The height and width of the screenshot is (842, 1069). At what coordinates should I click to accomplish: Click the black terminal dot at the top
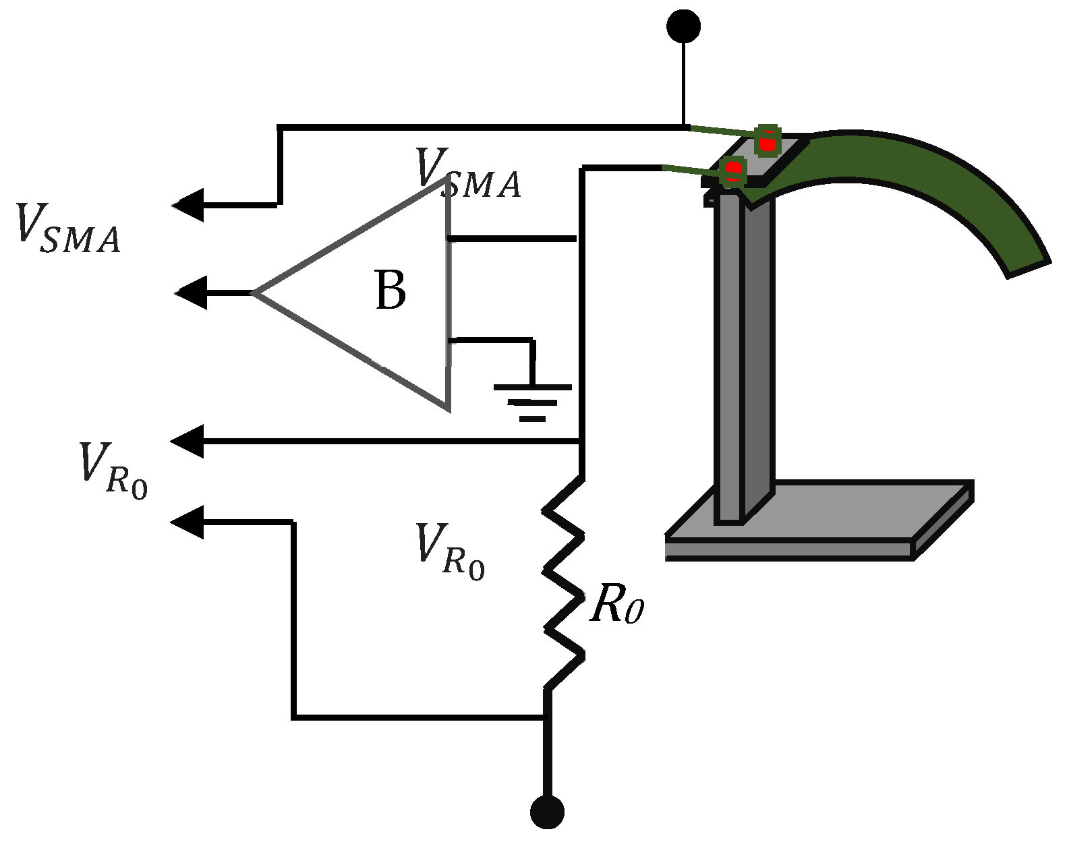coord(683,26)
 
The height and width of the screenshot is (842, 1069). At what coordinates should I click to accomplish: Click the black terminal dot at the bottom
coord(546,812)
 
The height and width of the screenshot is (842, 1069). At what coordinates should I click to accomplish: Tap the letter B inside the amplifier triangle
coord(390,291)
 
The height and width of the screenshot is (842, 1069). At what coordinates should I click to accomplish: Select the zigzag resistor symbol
coord(564,583)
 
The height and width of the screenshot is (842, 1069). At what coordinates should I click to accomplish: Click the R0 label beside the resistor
coord(616,607)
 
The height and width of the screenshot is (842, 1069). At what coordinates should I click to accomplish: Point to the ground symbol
coord(533,402)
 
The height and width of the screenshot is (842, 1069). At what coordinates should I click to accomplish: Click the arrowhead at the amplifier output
coord(192,293)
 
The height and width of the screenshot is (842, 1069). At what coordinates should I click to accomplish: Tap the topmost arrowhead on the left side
coord(189,205)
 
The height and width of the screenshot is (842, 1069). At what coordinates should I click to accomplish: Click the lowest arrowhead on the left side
coord(187,522)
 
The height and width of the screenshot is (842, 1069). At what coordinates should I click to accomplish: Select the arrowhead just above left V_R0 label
coord(187,442)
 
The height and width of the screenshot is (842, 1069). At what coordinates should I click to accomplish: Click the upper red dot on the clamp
coord(767,144)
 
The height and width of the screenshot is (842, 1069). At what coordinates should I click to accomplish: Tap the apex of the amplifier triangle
coord(255,293)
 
